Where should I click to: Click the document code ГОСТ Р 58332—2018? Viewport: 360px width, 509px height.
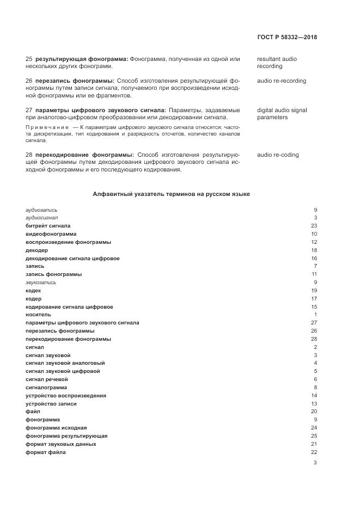[x=286, y=38]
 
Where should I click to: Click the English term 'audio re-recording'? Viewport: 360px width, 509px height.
[x=282, y=81]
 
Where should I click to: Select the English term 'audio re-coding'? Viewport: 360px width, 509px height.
[x=278, y=155]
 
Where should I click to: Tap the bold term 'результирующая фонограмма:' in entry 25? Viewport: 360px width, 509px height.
[x=81, y=59]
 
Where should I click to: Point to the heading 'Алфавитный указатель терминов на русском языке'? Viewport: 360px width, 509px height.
[x=171, y=194]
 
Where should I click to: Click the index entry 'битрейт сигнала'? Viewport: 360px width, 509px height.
[x=48, y=226]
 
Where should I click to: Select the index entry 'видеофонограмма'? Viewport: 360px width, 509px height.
[x=51, y=234]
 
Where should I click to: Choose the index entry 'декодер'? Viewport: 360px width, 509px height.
[x=37, y=250]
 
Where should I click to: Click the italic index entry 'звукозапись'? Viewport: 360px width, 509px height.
[x=41, y=283]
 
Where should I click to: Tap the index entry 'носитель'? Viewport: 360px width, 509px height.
[x=38, y=315]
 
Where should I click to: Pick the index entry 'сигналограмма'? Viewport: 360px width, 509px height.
[x=46, y=388]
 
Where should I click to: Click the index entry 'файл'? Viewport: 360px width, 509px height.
[x=33, y=412]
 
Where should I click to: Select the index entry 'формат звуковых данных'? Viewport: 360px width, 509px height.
[x=61, y=444]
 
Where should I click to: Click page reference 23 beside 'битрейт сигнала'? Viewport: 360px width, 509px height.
[x=314, y=226]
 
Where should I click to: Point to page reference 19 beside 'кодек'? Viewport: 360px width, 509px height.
[x=314, y=291]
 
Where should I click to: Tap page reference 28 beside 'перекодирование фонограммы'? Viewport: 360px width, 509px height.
[x=314, y=339]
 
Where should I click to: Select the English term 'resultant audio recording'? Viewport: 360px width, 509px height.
[x=277, y=63]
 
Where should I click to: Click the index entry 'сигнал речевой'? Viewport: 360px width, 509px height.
[x=47, y=379]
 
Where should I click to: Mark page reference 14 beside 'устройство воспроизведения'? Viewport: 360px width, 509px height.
[x=314, y=396]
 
